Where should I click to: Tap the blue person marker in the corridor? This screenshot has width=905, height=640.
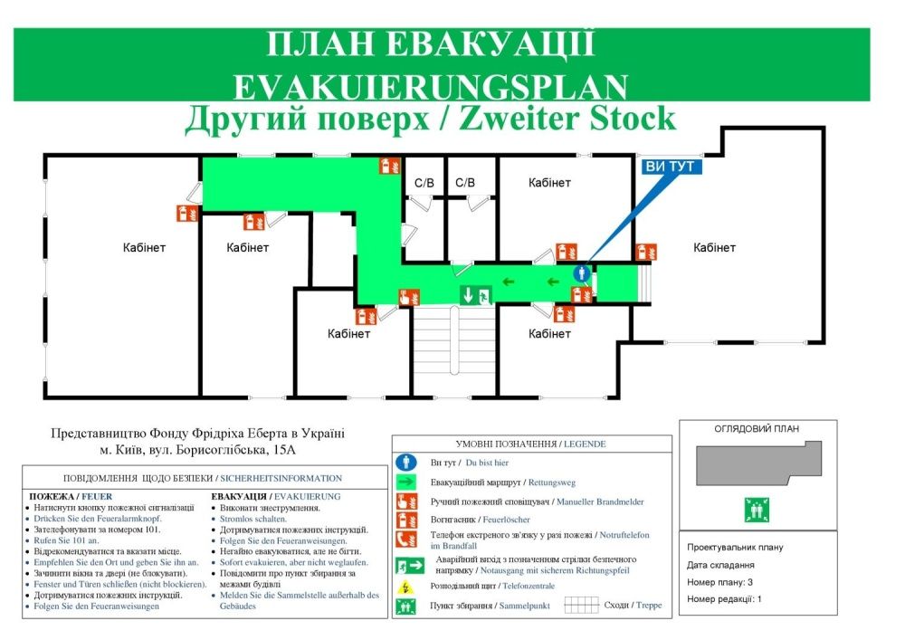coord(582,272)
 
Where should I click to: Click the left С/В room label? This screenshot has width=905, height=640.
coord(424,183)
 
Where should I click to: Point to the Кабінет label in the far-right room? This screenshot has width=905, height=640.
coord(714,247)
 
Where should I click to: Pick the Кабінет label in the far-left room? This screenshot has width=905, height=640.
coord(145,247)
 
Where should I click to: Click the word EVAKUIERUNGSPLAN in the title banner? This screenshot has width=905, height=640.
coord(430,87)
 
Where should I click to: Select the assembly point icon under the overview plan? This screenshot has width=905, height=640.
coord(756,511)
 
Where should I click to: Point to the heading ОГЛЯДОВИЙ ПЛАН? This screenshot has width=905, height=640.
coord(757,429)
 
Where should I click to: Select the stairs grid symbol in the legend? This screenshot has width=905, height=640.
coord(581,605)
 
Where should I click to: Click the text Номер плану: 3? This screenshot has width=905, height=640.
coord(719,582)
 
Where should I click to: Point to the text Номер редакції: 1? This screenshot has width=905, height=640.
coord(724,598)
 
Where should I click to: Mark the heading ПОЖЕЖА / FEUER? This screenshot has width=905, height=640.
coord(71,496)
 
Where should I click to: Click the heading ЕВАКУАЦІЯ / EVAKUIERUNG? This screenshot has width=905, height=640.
coord(275,496)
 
